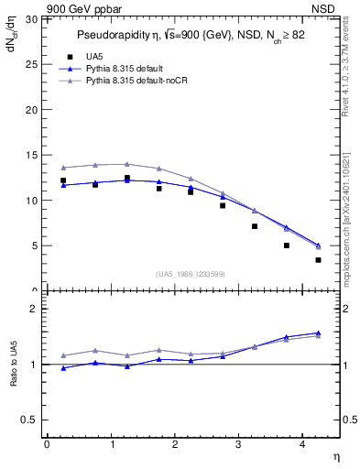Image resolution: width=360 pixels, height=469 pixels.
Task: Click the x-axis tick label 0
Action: tap(47, 445)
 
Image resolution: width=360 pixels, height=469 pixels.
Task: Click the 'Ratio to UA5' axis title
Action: tap(14, 364)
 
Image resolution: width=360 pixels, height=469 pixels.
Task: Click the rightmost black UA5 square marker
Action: tap(318, 260)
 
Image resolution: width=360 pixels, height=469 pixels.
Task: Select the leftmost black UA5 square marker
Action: tap(63, 180)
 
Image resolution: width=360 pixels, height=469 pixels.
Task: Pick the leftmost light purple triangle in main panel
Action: tap(63, 168)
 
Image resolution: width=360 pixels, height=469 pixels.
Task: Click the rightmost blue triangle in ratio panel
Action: tap(318, 333)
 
